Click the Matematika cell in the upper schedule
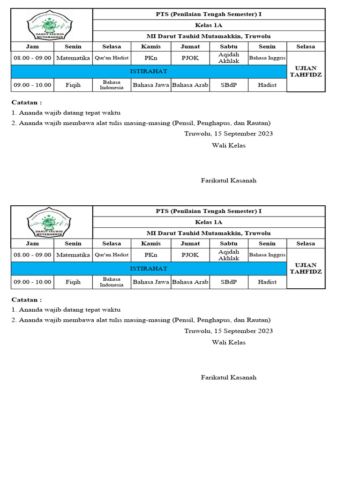click(x=73, y=58)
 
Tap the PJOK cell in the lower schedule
click(x=190, y=255)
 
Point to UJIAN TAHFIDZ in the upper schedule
click(x=306, y=71)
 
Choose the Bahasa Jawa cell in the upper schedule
click(x=151, y=85)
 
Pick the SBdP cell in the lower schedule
click(x=229, y=282)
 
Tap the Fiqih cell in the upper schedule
click(x=73, y=85)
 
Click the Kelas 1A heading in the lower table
click(x=209, y=222)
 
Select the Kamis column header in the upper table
click(x=151, y=46)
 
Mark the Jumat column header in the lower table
click(x=190, y=243)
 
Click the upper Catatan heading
click(x=26, y=102)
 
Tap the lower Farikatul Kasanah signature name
click(x=229, y=377)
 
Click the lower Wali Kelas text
click(x=229, y=342)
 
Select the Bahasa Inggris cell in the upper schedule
click(x=267, y=58)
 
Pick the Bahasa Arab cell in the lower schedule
click(x=190, y=282)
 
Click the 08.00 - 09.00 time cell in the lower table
click(x=32, y=255)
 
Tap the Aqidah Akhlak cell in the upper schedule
click(x=229, y=58)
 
